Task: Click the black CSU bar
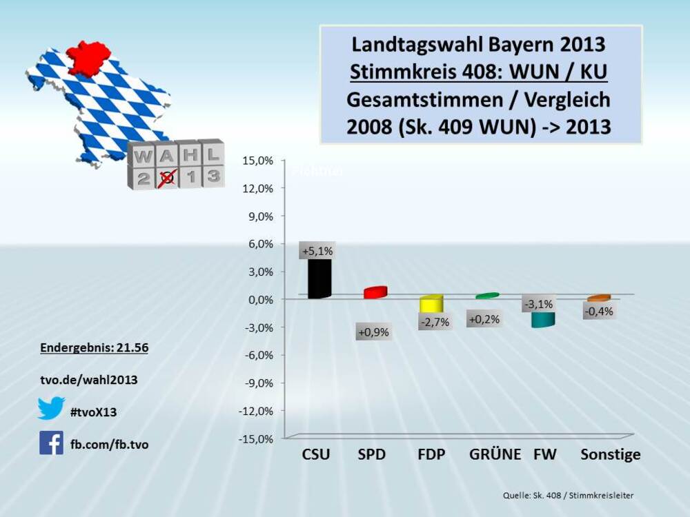(319, 278)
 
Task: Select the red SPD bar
(375, 292)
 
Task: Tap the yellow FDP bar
(431, 304)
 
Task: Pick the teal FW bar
(543, 319)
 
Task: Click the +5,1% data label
(316, 252)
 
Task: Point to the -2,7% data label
(435, 322)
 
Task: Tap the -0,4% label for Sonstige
(598, 311)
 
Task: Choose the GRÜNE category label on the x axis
(494, 455)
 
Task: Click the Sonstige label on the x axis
(610, 455)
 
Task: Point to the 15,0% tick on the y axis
(257, 161)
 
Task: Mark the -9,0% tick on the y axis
(257, 383)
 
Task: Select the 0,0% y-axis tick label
(259, 299)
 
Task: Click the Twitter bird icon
(51, 408)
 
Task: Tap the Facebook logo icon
(51, 443)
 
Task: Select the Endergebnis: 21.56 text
(95, 349)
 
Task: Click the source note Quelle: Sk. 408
(567, 496)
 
